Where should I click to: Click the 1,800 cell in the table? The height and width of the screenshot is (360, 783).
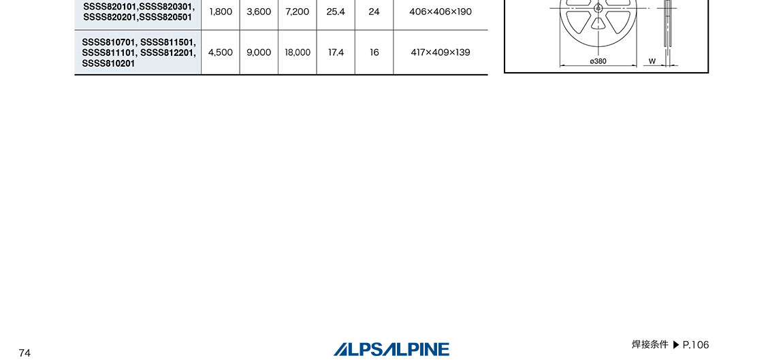tap(220, 12)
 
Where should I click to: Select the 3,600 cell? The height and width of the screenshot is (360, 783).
tap(259, 12)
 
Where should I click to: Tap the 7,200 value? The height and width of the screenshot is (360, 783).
tap(297, 12)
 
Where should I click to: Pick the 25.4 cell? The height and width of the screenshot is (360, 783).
tap(336, 12)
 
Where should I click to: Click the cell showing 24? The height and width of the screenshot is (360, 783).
tap(374, 12)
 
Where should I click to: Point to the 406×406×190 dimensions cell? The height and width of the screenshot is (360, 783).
tap(441, 12)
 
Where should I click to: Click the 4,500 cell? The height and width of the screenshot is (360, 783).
tap(220, 52)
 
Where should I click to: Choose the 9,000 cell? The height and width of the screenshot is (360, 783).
tap(259, 52)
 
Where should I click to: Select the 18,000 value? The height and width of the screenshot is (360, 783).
tap(297, 52)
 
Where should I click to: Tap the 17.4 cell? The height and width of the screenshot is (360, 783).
tap(336, 52)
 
